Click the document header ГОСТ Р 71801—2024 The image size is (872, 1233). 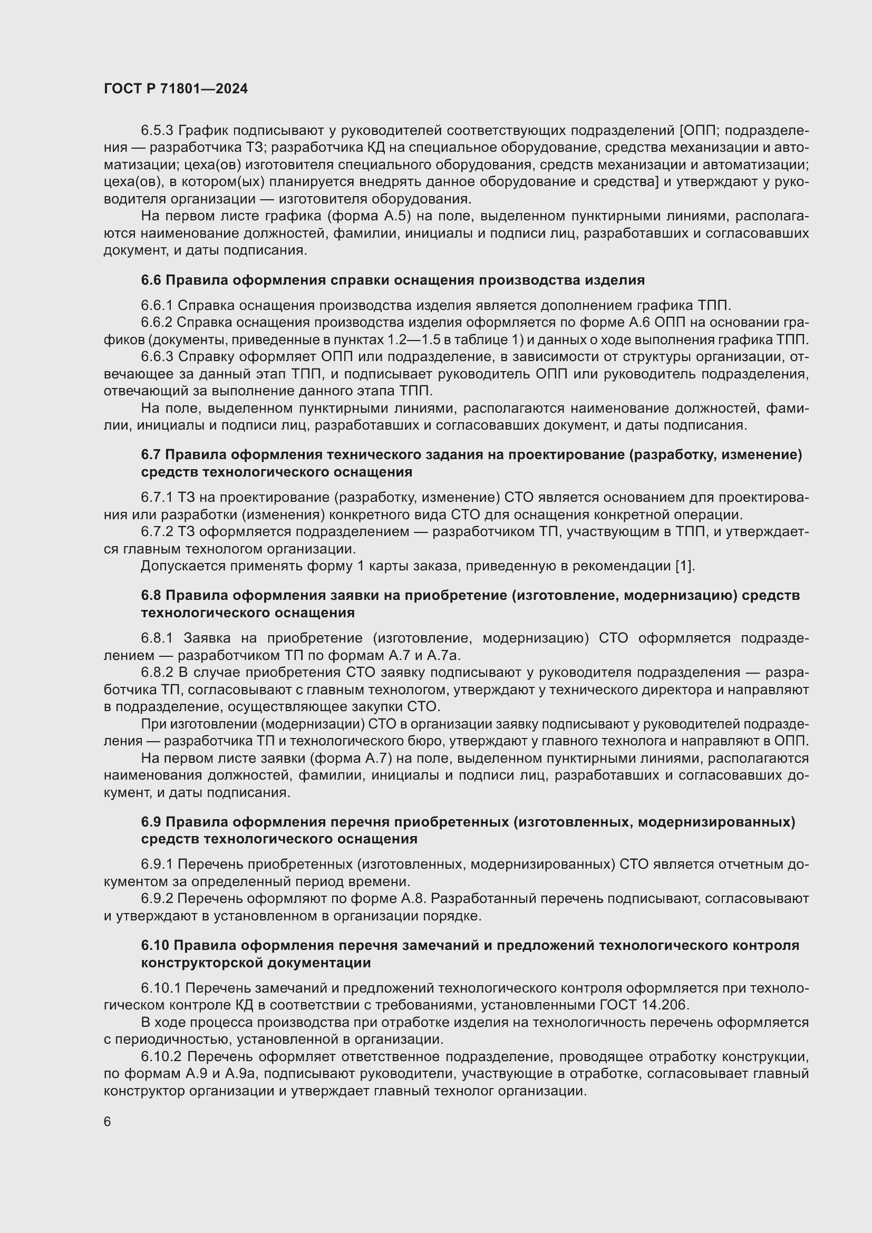176,89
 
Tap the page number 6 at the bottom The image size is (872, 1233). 108,1122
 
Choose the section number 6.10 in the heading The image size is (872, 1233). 155,945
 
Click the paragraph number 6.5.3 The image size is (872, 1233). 157,131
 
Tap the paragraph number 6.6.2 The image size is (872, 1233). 157,322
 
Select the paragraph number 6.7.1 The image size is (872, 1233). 157,497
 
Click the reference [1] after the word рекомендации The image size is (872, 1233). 685,566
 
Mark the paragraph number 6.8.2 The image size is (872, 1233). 157,672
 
